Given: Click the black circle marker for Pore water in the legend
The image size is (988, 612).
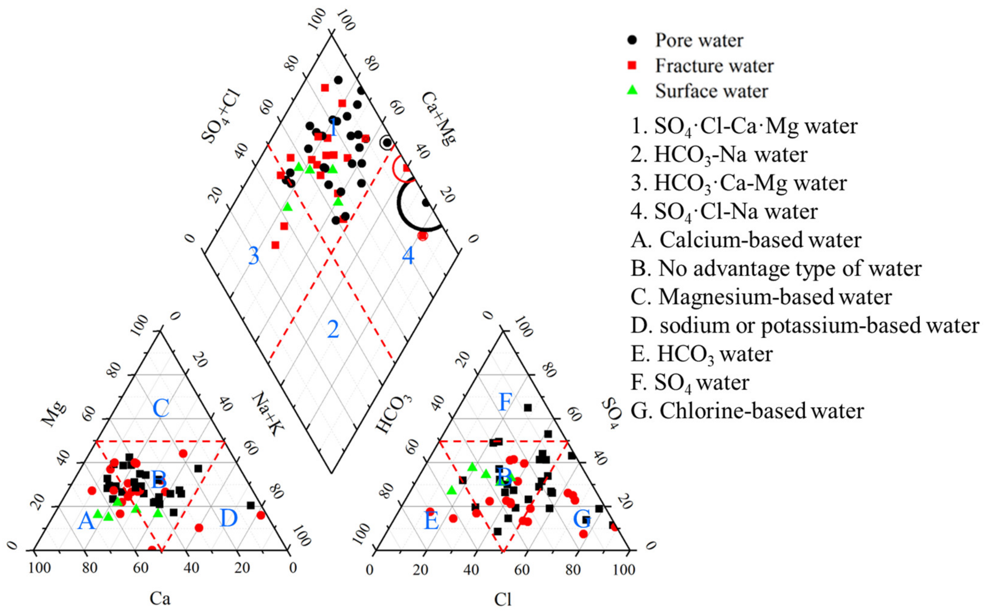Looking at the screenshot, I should tap(631, 40).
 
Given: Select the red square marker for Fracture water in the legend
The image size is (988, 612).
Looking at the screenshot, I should tap(631, 65).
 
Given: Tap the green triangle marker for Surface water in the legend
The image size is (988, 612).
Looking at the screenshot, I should tap(631, 91).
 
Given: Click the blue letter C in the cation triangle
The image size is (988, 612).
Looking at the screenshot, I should tap(161, 408).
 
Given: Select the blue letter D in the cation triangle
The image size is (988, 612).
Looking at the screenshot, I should tap(229, 518).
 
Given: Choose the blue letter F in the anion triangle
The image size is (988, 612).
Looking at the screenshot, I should tap(505, 402).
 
